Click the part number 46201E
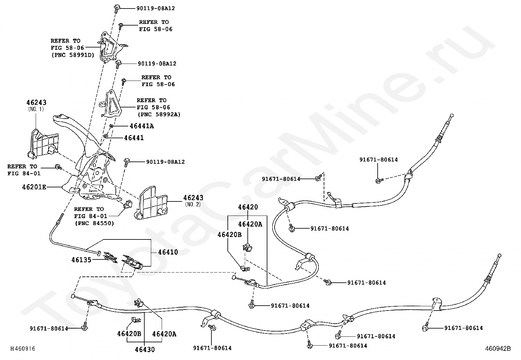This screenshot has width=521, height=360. point(34,187)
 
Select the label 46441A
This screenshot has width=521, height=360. point(141,126)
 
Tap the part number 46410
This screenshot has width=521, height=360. point(168,252)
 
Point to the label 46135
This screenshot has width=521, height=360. point(81,259)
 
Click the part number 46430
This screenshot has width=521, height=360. point(145,350)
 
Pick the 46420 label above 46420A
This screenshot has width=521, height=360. point(248,207)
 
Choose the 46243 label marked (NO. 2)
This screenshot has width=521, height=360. point(193,198)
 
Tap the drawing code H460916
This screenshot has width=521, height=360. point(23,349)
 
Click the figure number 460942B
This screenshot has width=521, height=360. point(498,349)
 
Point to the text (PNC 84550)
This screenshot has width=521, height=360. point(94,223)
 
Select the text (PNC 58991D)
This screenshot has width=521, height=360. point(72,55)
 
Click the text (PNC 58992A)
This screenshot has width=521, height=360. point(159,114)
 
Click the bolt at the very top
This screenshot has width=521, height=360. point(117,8)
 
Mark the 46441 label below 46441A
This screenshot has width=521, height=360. point(134,138)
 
